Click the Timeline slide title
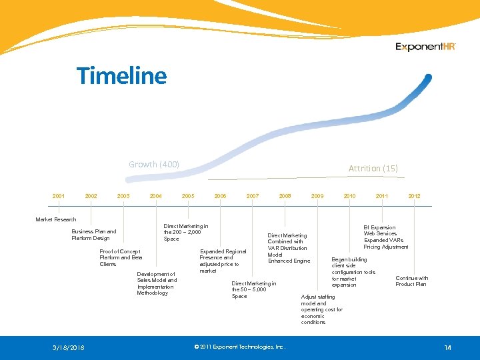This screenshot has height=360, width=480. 121,75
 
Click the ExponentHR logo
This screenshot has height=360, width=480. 425,47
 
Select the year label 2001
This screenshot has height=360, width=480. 59,196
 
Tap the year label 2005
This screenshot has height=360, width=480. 188,196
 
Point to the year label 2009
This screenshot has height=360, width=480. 317,196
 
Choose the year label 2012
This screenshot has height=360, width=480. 414,196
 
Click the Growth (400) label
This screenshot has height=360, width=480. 154,164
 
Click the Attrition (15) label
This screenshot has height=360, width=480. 373,168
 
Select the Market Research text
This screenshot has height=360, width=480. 55,219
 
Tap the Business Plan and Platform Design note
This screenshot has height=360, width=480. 93,235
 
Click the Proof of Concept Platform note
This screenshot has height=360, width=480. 121,257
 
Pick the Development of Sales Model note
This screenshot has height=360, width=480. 157,283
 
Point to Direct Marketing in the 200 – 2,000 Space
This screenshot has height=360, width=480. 185,232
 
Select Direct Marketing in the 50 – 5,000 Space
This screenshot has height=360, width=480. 253,289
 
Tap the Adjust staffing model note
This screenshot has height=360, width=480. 321,309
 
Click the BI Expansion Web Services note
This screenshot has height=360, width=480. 385,237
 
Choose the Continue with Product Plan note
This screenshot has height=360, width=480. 411,281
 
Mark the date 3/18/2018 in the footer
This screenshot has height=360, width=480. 69,347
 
